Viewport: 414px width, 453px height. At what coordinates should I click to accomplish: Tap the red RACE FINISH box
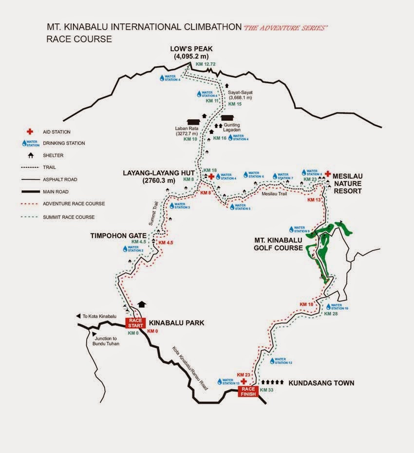(248, 391)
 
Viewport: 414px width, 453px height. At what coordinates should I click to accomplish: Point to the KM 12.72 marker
(205, 64)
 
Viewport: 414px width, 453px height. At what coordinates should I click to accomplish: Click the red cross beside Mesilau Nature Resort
(328, 173)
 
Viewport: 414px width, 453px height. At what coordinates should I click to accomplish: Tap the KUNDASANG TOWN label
(321, 383)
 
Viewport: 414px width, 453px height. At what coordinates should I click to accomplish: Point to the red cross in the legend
(30, 132)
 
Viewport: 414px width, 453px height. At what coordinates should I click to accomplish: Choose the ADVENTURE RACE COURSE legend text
(74, 204)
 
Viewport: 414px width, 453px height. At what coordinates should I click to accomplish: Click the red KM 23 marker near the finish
(243, 374)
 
